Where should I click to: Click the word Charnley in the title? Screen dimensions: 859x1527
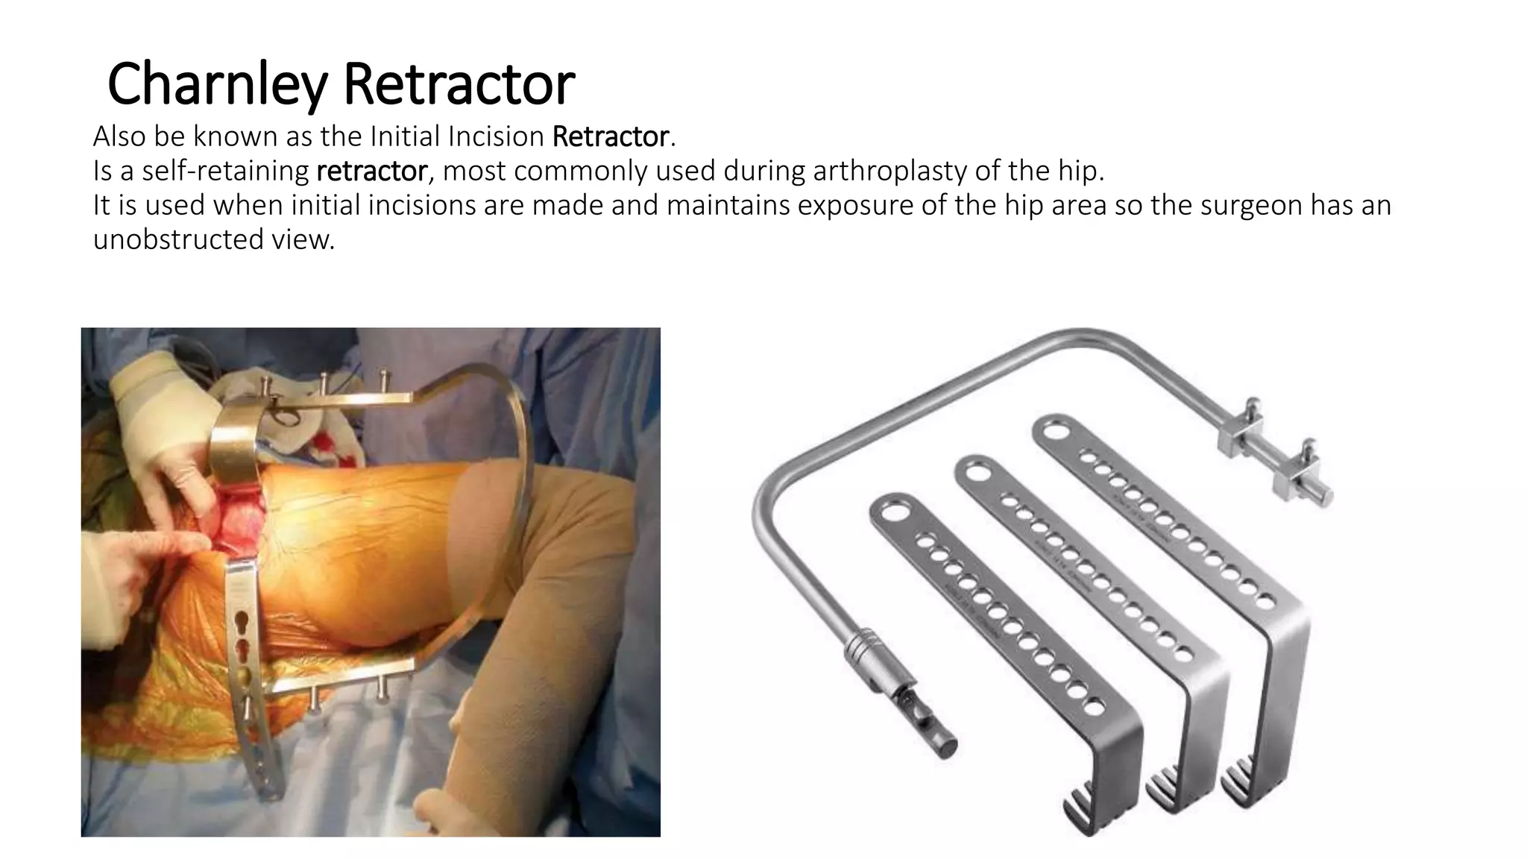(217, 84)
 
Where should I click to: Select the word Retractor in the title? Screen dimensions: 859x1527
(459, 84)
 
